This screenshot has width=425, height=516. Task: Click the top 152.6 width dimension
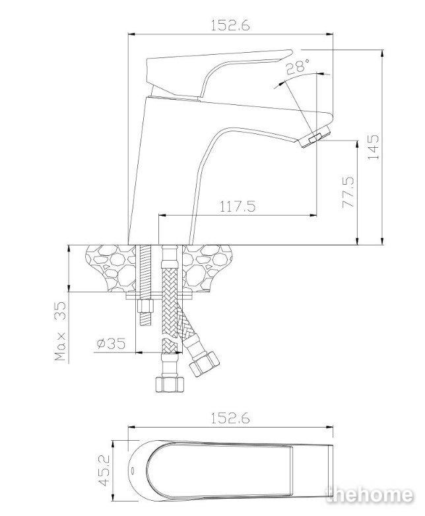tap(230, 25)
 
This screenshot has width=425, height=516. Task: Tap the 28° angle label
tap(298, 67)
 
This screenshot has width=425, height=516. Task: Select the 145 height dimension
tap(374, 146)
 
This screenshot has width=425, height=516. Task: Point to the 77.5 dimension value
tap(348, 192)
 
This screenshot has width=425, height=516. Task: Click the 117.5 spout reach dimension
tap(238, 207)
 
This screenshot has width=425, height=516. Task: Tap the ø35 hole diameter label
tap(112, 344)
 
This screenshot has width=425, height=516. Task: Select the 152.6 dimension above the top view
tap(230, 418)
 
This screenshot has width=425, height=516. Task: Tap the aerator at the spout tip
tap(315, 136)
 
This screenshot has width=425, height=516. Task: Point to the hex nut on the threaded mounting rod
tap(145, 307)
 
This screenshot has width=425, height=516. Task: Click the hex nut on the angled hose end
tap(204, 364)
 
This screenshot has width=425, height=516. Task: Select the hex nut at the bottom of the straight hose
tap(170, 384)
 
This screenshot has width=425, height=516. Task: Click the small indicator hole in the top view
tap(133, 470)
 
